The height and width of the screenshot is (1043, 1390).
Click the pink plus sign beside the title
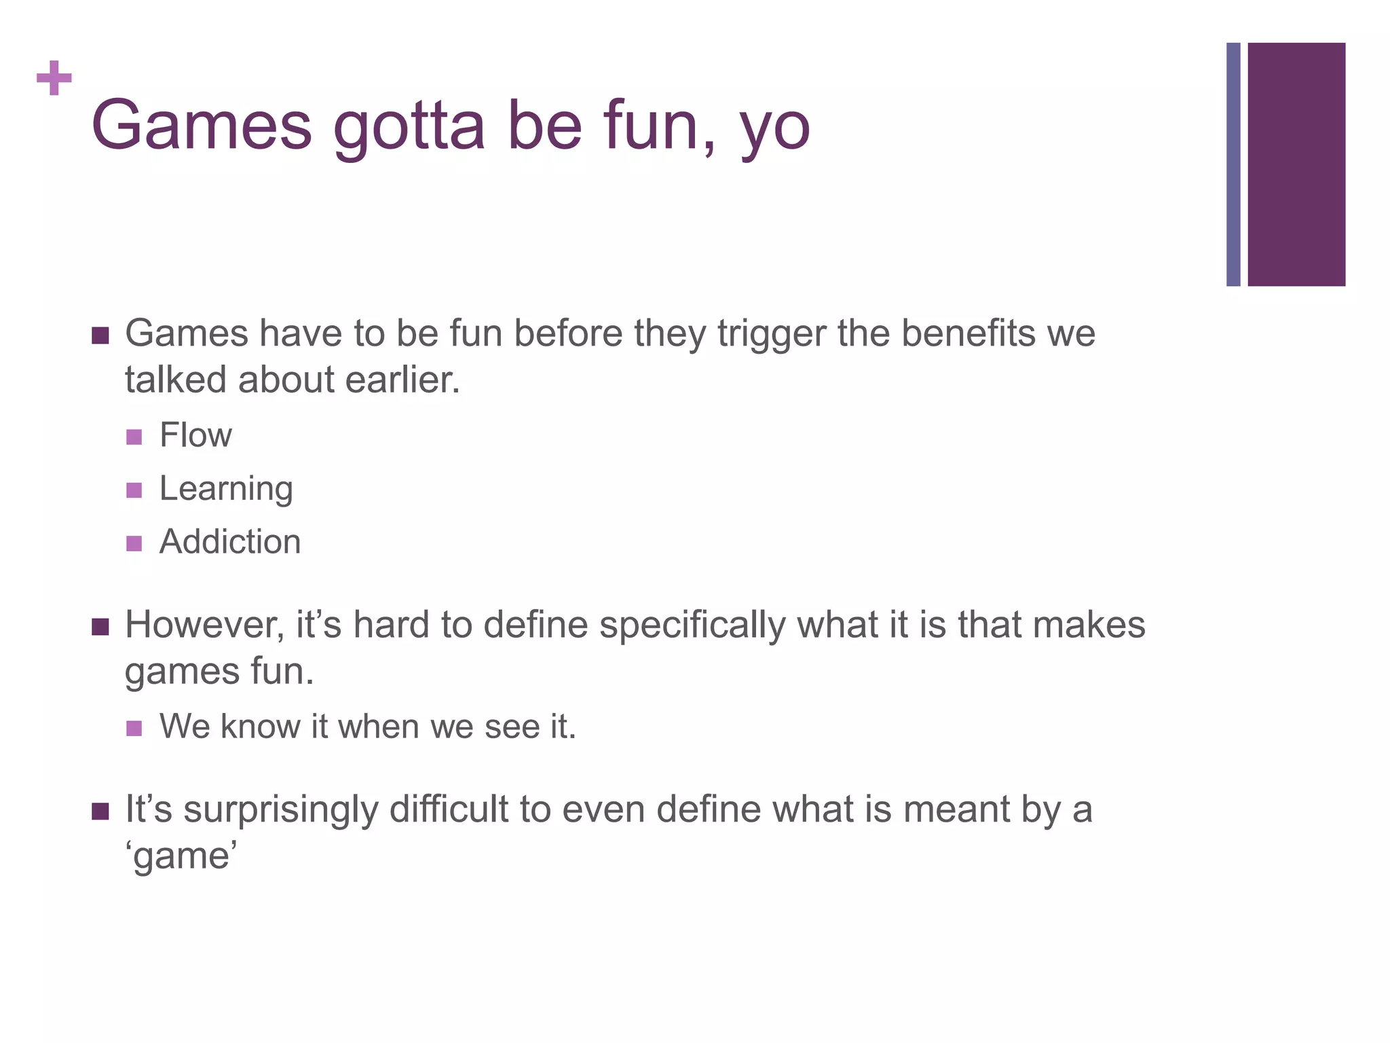54,78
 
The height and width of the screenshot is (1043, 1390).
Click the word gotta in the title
409,127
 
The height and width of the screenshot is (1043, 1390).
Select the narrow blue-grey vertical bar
1233,164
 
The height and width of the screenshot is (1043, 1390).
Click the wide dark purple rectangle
1296,164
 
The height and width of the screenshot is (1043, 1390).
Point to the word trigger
772,335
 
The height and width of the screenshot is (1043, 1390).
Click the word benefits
969,333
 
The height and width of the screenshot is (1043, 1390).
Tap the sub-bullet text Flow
195,435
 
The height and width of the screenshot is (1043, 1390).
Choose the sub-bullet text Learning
226,490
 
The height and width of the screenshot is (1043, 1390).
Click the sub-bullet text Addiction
230,542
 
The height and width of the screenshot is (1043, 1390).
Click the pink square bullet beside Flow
134,437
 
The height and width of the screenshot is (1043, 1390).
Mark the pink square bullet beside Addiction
134,543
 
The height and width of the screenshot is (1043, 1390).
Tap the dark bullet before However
100,627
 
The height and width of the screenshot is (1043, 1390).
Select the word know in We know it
260,727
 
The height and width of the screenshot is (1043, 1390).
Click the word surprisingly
280,811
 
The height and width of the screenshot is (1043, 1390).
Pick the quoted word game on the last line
181,856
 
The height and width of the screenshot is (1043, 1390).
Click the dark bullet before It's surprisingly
100,811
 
